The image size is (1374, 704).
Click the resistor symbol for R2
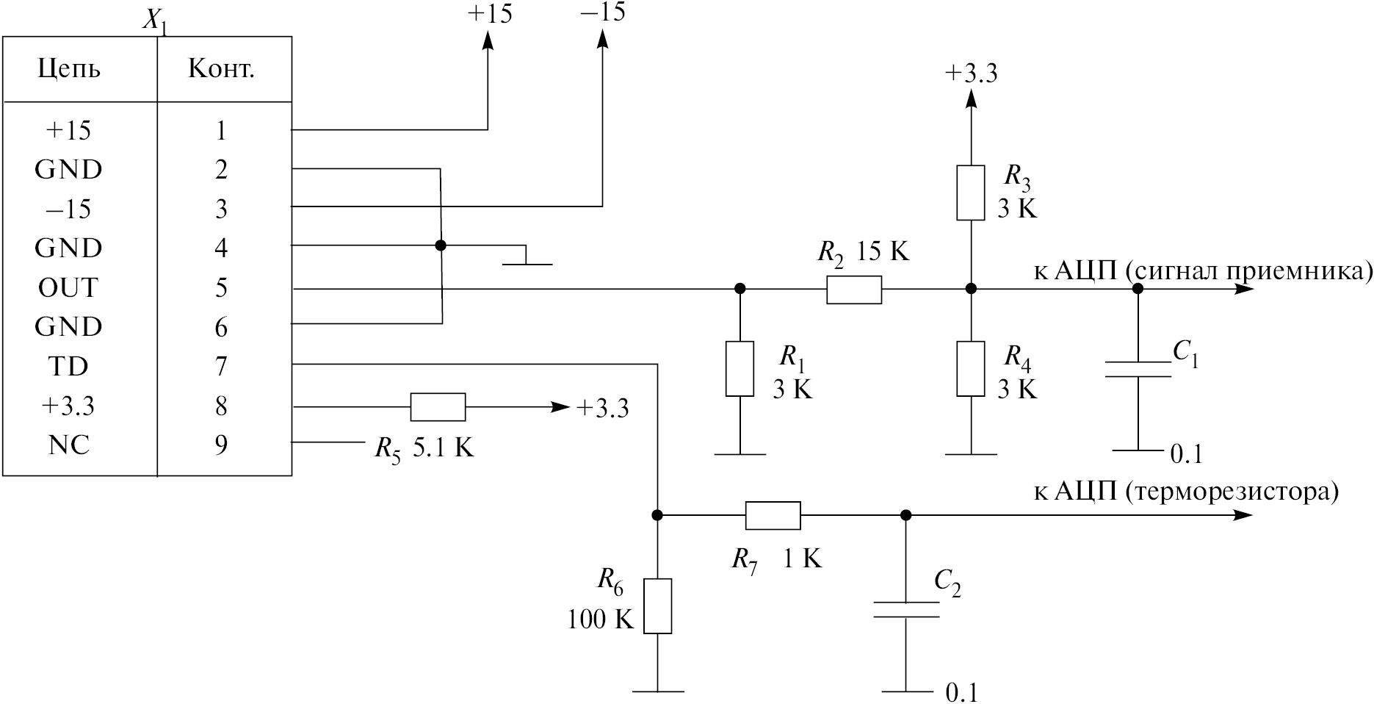pyautogui.click(x=853, y=290)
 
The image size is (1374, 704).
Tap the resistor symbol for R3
pyautogui.click(x=970, y=193)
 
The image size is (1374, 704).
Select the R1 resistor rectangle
pyautogui.click(x=740, y=368)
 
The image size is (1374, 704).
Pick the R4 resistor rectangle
pyautogui.click(x=970, y=368)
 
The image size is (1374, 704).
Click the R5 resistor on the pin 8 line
pyautogui.click(x=438, y=406)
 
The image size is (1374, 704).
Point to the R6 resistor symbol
pyautogui.click(x=657, y=606)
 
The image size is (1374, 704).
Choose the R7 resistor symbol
pyautogui.click(x=773, y=515)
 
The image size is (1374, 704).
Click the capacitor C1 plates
pyautogui.click(x=1138, y=369)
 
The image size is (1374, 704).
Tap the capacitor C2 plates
pyautogui.click(x=906, y=609)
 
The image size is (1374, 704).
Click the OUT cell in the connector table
pyautogui.click(x=68, y=288)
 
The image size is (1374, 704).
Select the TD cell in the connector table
pyautogui.click(x=68, y=367)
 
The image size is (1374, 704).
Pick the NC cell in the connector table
pyautogui.click(x=69, y=445)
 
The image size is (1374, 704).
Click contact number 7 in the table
pyautogui.click(x=221, y=367)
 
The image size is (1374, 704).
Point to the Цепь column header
pyautogui.click(x=69, y=69)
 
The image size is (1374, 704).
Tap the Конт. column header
pyautogui.click(x=221, y=69)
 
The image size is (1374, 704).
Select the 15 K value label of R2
pyautogui.click(x=883, y=252)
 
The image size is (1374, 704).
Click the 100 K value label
pyautogui.click(x=599, y=620)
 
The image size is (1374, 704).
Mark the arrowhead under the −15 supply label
pyautogui.click(x=602, y=41)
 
